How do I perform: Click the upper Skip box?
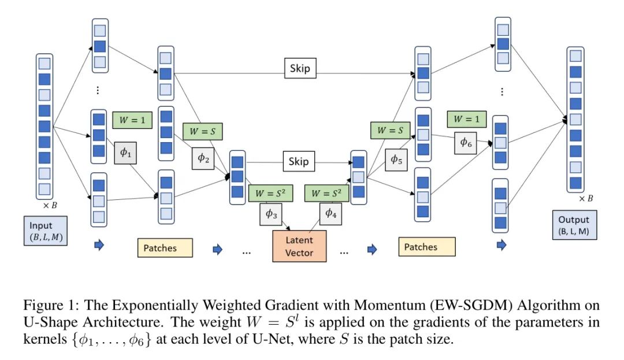(x=300, y=69)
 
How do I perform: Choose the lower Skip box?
(x=299, y=161)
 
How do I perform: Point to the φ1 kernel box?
(x=125, y=153)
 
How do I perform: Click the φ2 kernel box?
(x=203, y=158)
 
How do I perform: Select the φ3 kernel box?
(x=272, y=213)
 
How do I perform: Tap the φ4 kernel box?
(x=329, y=213)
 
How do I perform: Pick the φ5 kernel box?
(x=396, y=159)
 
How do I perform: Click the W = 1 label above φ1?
(x=132, y=120)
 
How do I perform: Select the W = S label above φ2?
(x=202, y=131)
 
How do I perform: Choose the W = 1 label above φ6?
(x=466, y=119)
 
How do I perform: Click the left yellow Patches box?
(x=165, y=248)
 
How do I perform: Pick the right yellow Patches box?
(x=426, y=247)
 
